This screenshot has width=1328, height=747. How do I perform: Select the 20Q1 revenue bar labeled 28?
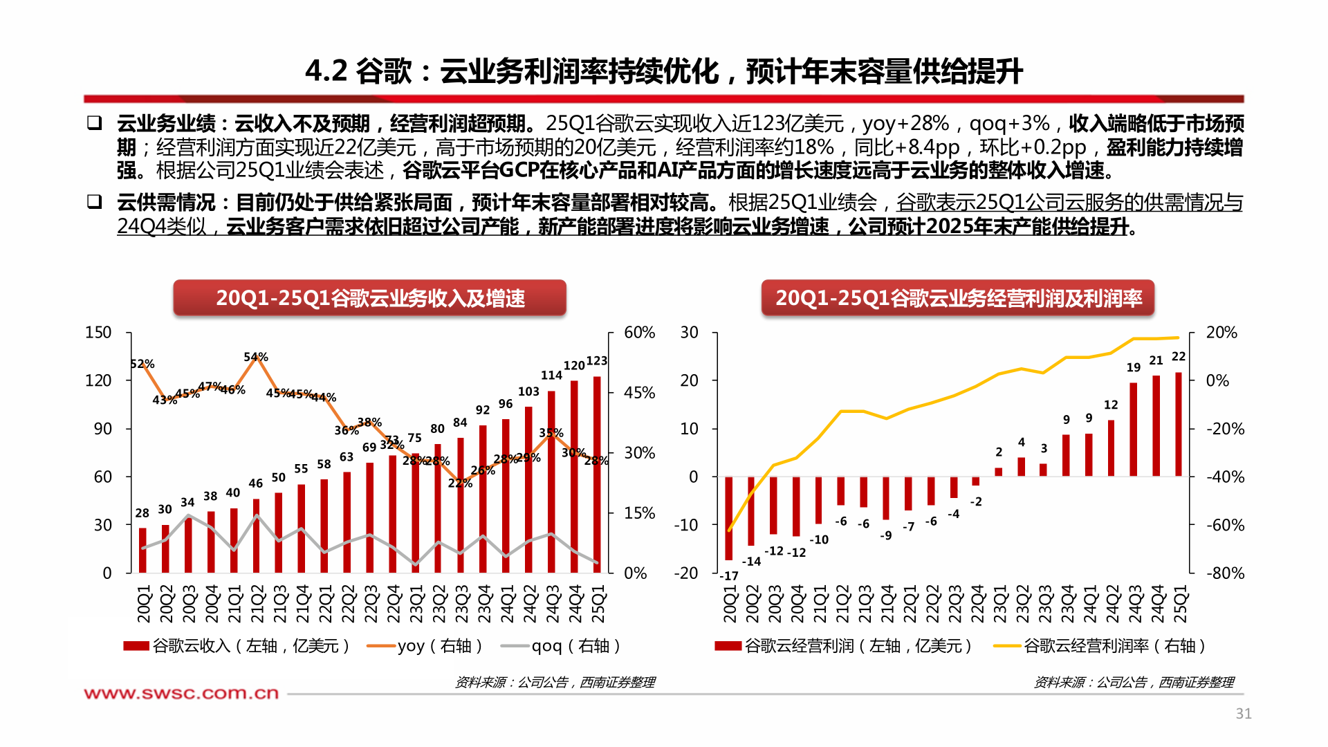click(142, 551)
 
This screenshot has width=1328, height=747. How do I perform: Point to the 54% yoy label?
click(255, 357)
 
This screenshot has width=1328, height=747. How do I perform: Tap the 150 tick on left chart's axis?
click(98, 333)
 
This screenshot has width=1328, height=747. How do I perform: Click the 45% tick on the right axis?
click(639, 393)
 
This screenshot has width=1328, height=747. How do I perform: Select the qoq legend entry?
click(560, 646)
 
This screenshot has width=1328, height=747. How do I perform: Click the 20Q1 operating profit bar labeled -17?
click(728, 518)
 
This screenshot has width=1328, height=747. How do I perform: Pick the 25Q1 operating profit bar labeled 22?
click(1179, 425)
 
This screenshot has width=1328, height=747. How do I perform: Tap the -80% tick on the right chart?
click(1225, 573)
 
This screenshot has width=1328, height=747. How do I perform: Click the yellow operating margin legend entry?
click(1100, 646)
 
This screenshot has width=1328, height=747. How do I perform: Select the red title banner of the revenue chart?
click(369, 298)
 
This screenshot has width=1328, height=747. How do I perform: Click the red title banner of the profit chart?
click(957, 298)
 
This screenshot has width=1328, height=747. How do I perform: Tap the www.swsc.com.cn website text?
click(181, 693)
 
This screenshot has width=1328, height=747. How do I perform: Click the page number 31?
click(1243, 714)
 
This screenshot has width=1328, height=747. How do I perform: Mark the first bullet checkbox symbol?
click(94, 123)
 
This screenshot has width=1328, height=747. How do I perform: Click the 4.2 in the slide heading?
click(326, 71)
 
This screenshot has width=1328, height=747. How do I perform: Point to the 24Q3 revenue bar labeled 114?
click(551, 481)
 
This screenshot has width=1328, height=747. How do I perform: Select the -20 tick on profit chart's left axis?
click(685, 573)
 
